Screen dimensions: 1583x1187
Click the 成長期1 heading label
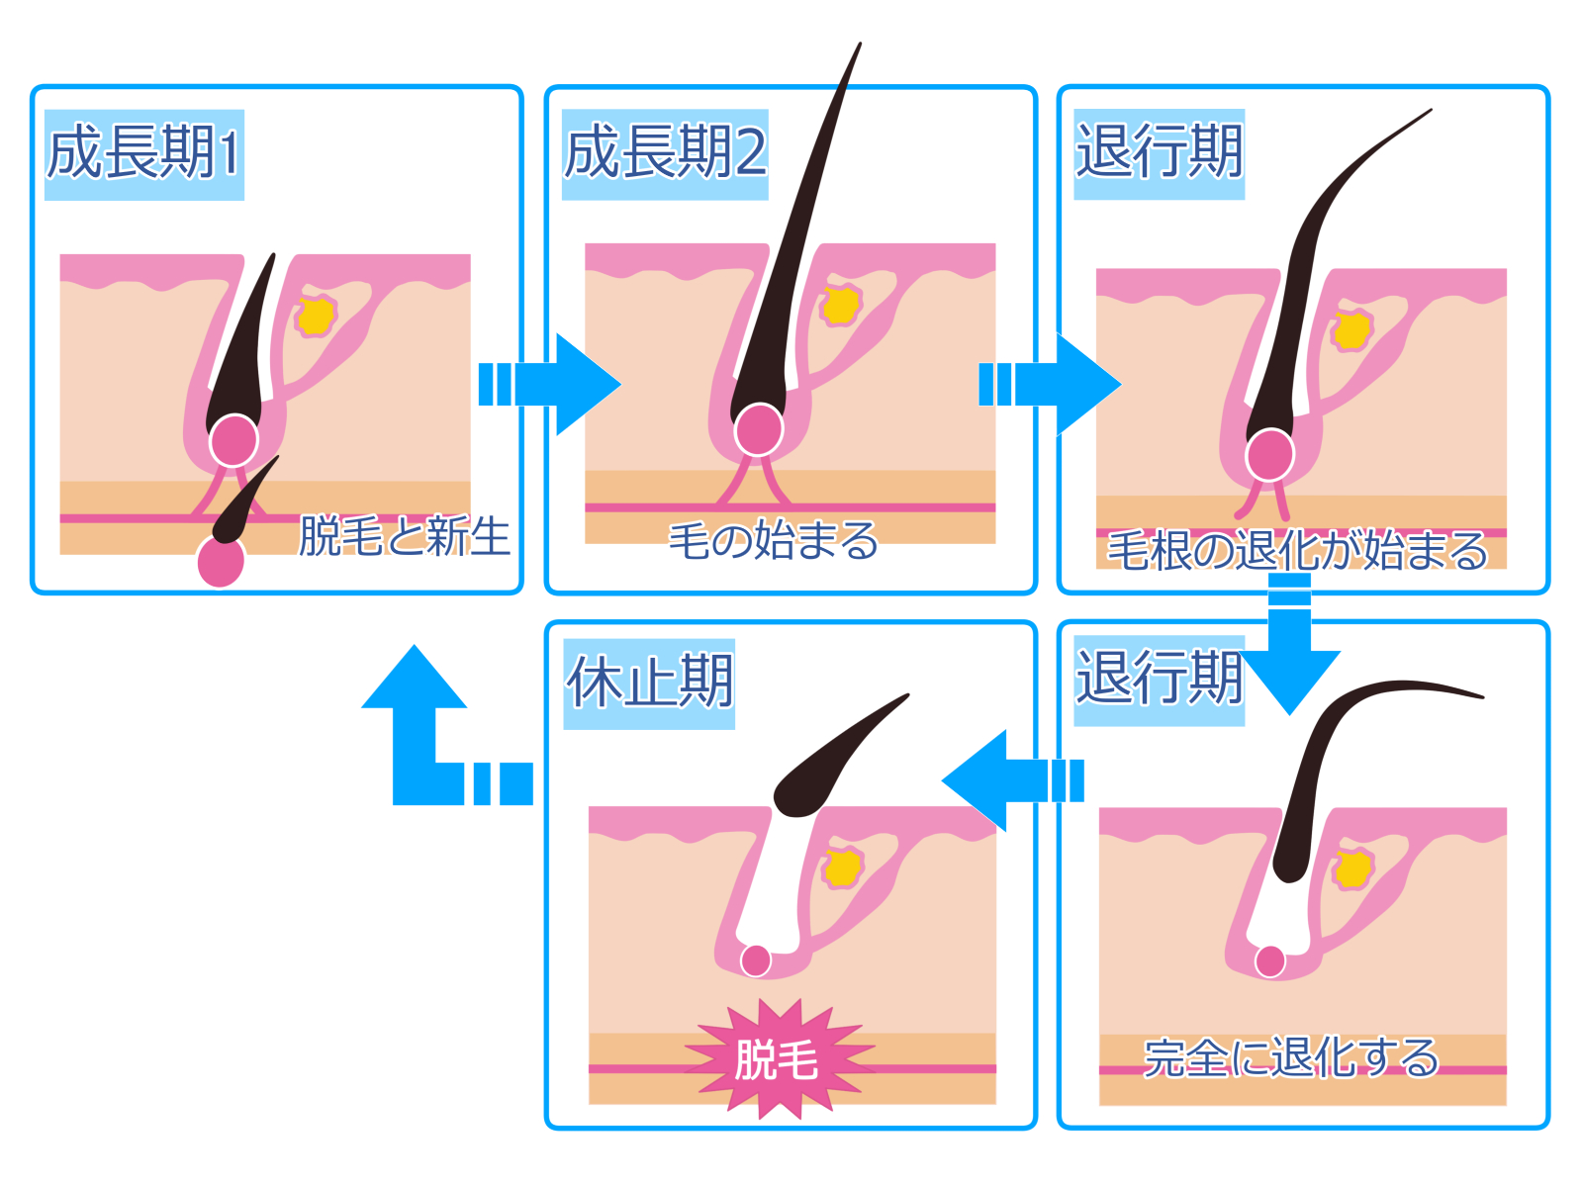tap(144, 154)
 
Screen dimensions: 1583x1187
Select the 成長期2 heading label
tap(664, 154)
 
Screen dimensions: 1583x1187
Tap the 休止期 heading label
tap(649, 684)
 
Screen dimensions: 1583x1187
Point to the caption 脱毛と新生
tap(404, 535)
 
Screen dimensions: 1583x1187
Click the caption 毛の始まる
tap(773, 540)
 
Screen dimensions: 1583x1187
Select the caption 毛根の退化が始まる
tap(1297, 551)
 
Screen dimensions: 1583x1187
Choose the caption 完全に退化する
tap(1291, 1058)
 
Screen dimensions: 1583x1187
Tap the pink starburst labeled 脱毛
tap(779, 1058)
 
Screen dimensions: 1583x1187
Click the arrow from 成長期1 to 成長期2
tap(549, 384)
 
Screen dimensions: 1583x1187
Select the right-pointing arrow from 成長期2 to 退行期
tap(1050, 384)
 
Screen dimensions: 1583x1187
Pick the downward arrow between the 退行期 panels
tap(1289, 645)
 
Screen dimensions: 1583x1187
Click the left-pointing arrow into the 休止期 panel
tap(1012, 780)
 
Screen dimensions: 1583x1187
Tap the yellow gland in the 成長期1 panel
tap(316, 315)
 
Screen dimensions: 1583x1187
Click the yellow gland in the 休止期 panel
tap(843, 867)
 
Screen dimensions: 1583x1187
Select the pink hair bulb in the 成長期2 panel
tap(759, 430)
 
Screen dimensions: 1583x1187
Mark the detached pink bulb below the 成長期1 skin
tap(221, 562)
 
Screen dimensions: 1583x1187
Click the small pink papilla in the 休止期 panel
tap(756, 960)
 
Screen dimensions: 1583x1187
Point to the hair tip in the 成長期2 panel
tap(861, 44)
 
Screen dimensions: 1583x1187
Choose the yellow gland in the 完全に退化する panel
tap(1353, 869)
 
